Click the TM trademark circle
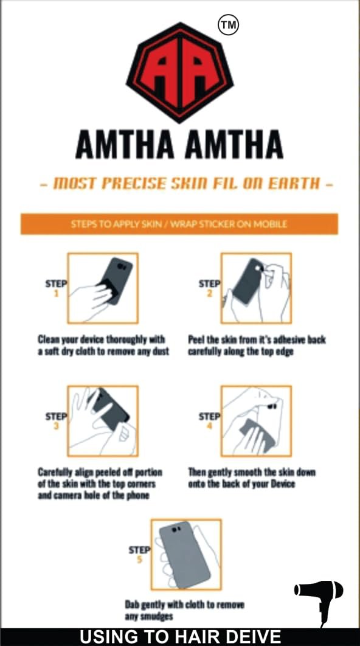point(228,25)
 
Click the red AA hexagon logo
point(179,72)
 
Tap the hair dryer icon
point(319,599)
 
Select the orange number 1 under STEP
point(57,294)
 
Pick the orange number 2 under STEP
point(210,294)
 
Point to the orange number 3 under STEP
point(57,426)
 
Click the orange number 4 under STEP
point(210,426)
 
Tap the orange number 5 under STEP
point(140,559)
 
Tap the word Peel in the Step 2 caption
point(196,340)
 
